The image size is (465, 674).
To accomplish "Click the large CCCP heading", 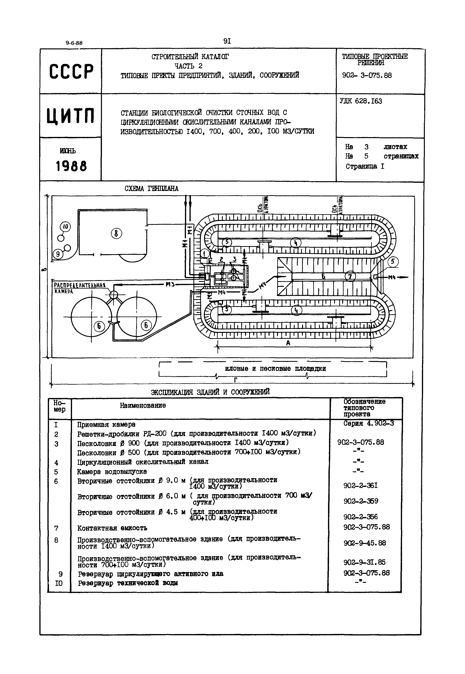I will click(71, 71).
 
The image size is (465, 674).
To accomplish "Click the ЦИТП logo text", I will click(71, 116).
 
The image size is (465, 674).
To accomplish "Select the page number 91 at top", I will click(227, 41).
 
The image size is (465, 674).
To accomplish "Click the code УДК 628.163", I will click(361, 101).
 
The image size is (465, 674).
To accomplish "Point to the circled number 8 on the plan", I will click(116, 233).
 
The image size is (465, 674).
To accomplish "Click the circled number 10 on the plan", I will click(65, 227).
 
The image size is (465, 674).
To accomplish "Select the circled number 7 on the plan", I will click(350, 276).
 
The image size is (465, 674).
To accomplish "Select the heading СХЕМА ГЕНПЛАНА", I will click(152, 189).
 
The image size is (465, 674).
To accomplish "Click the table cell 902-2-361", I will click(361, 486).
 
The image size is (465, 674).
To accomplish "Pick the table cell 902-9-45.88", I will click(365, 543).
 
